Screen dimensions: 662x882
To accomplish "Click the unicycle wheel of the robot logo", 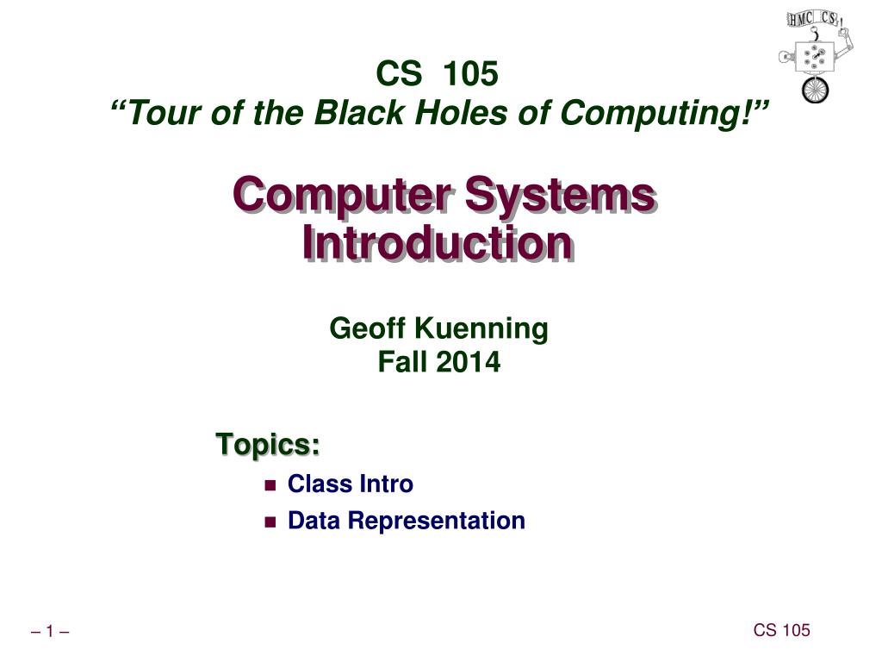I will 815,90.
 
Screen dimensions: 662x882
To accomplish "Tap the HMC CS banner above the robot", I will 813,19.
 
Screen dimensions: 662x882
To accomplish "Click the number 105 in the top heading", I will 469,75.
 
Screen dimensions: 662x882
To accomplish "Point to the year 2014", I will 468,363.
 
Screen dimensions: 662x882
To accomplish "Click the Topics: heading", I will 268,446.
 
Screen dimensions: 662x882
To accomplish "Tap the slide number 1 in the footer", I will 50,633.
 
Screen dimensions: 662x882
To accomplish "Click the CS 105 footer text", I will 781,630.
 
